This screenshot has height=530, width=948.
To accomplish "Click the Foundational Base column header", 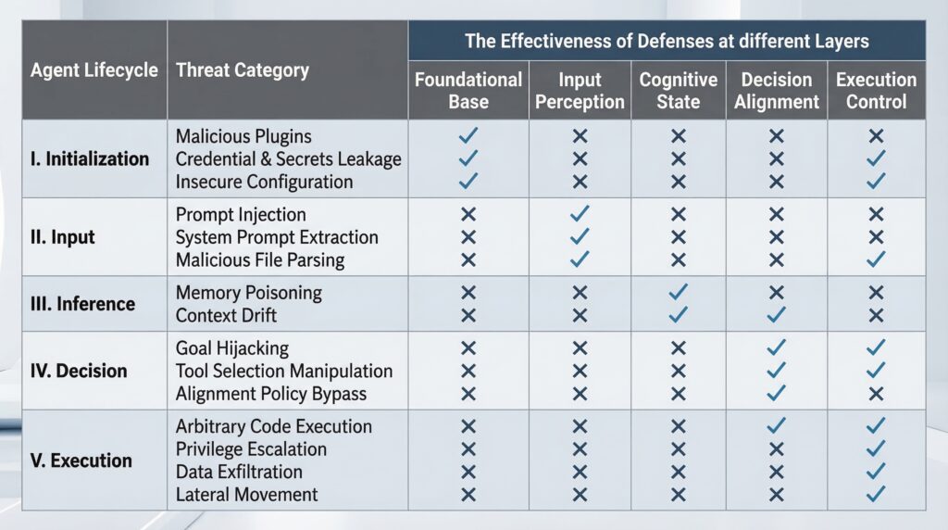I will (x=468, y=91).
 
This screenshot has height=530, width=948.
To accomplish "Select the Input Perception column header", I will (x=580, y=91).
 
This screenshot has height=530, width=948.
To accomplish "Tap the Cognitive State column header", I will (x=678, y=91).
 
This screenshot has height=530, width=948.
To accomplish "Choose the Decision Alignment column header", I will (x=776, y=91).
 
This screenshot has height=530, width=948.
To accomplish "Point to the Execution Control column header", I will (x=876, y=91).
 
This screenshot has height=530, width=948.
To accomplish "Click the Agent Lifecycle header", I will (x=94, y=70).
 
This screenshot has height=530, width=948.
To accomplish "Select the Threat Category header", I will (x=243, y=70).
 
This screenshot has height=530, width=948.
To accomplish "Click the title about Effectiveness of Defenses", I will (x=667, y=41).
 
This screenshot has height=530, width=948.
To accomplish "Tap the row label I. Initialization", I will (x=90, y=158).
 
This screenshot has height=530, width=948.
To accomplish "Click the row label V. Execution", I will (x=81, y=461).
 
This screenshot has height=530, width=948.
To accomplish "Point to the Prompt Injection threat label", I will (x=241, y=215).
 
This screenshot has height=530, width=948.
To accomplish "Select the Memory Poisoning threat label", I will (x=249, y=293).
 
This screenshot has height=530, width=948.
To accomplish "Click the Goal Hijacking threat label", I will (x=232, y=348).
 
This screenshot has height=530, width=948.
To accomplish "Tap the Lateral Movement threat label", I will (x=247, y=495).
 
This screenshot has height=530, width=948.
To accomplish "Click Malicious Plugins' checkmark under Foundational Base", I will (x=468, y=136).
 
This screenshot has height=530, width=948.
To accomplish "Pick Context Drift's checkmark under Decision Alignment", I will (x=776, y=315).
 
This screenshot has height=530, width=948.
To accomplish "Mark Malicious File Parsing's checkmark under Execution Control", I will (x=876, y=259).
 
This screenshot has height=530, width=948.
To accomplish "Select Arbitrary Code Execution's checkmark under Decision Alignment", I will (x=776, y=426).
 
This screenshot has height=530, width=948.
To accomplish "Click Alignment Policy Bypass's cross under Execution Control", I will (x=876, y=393).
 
